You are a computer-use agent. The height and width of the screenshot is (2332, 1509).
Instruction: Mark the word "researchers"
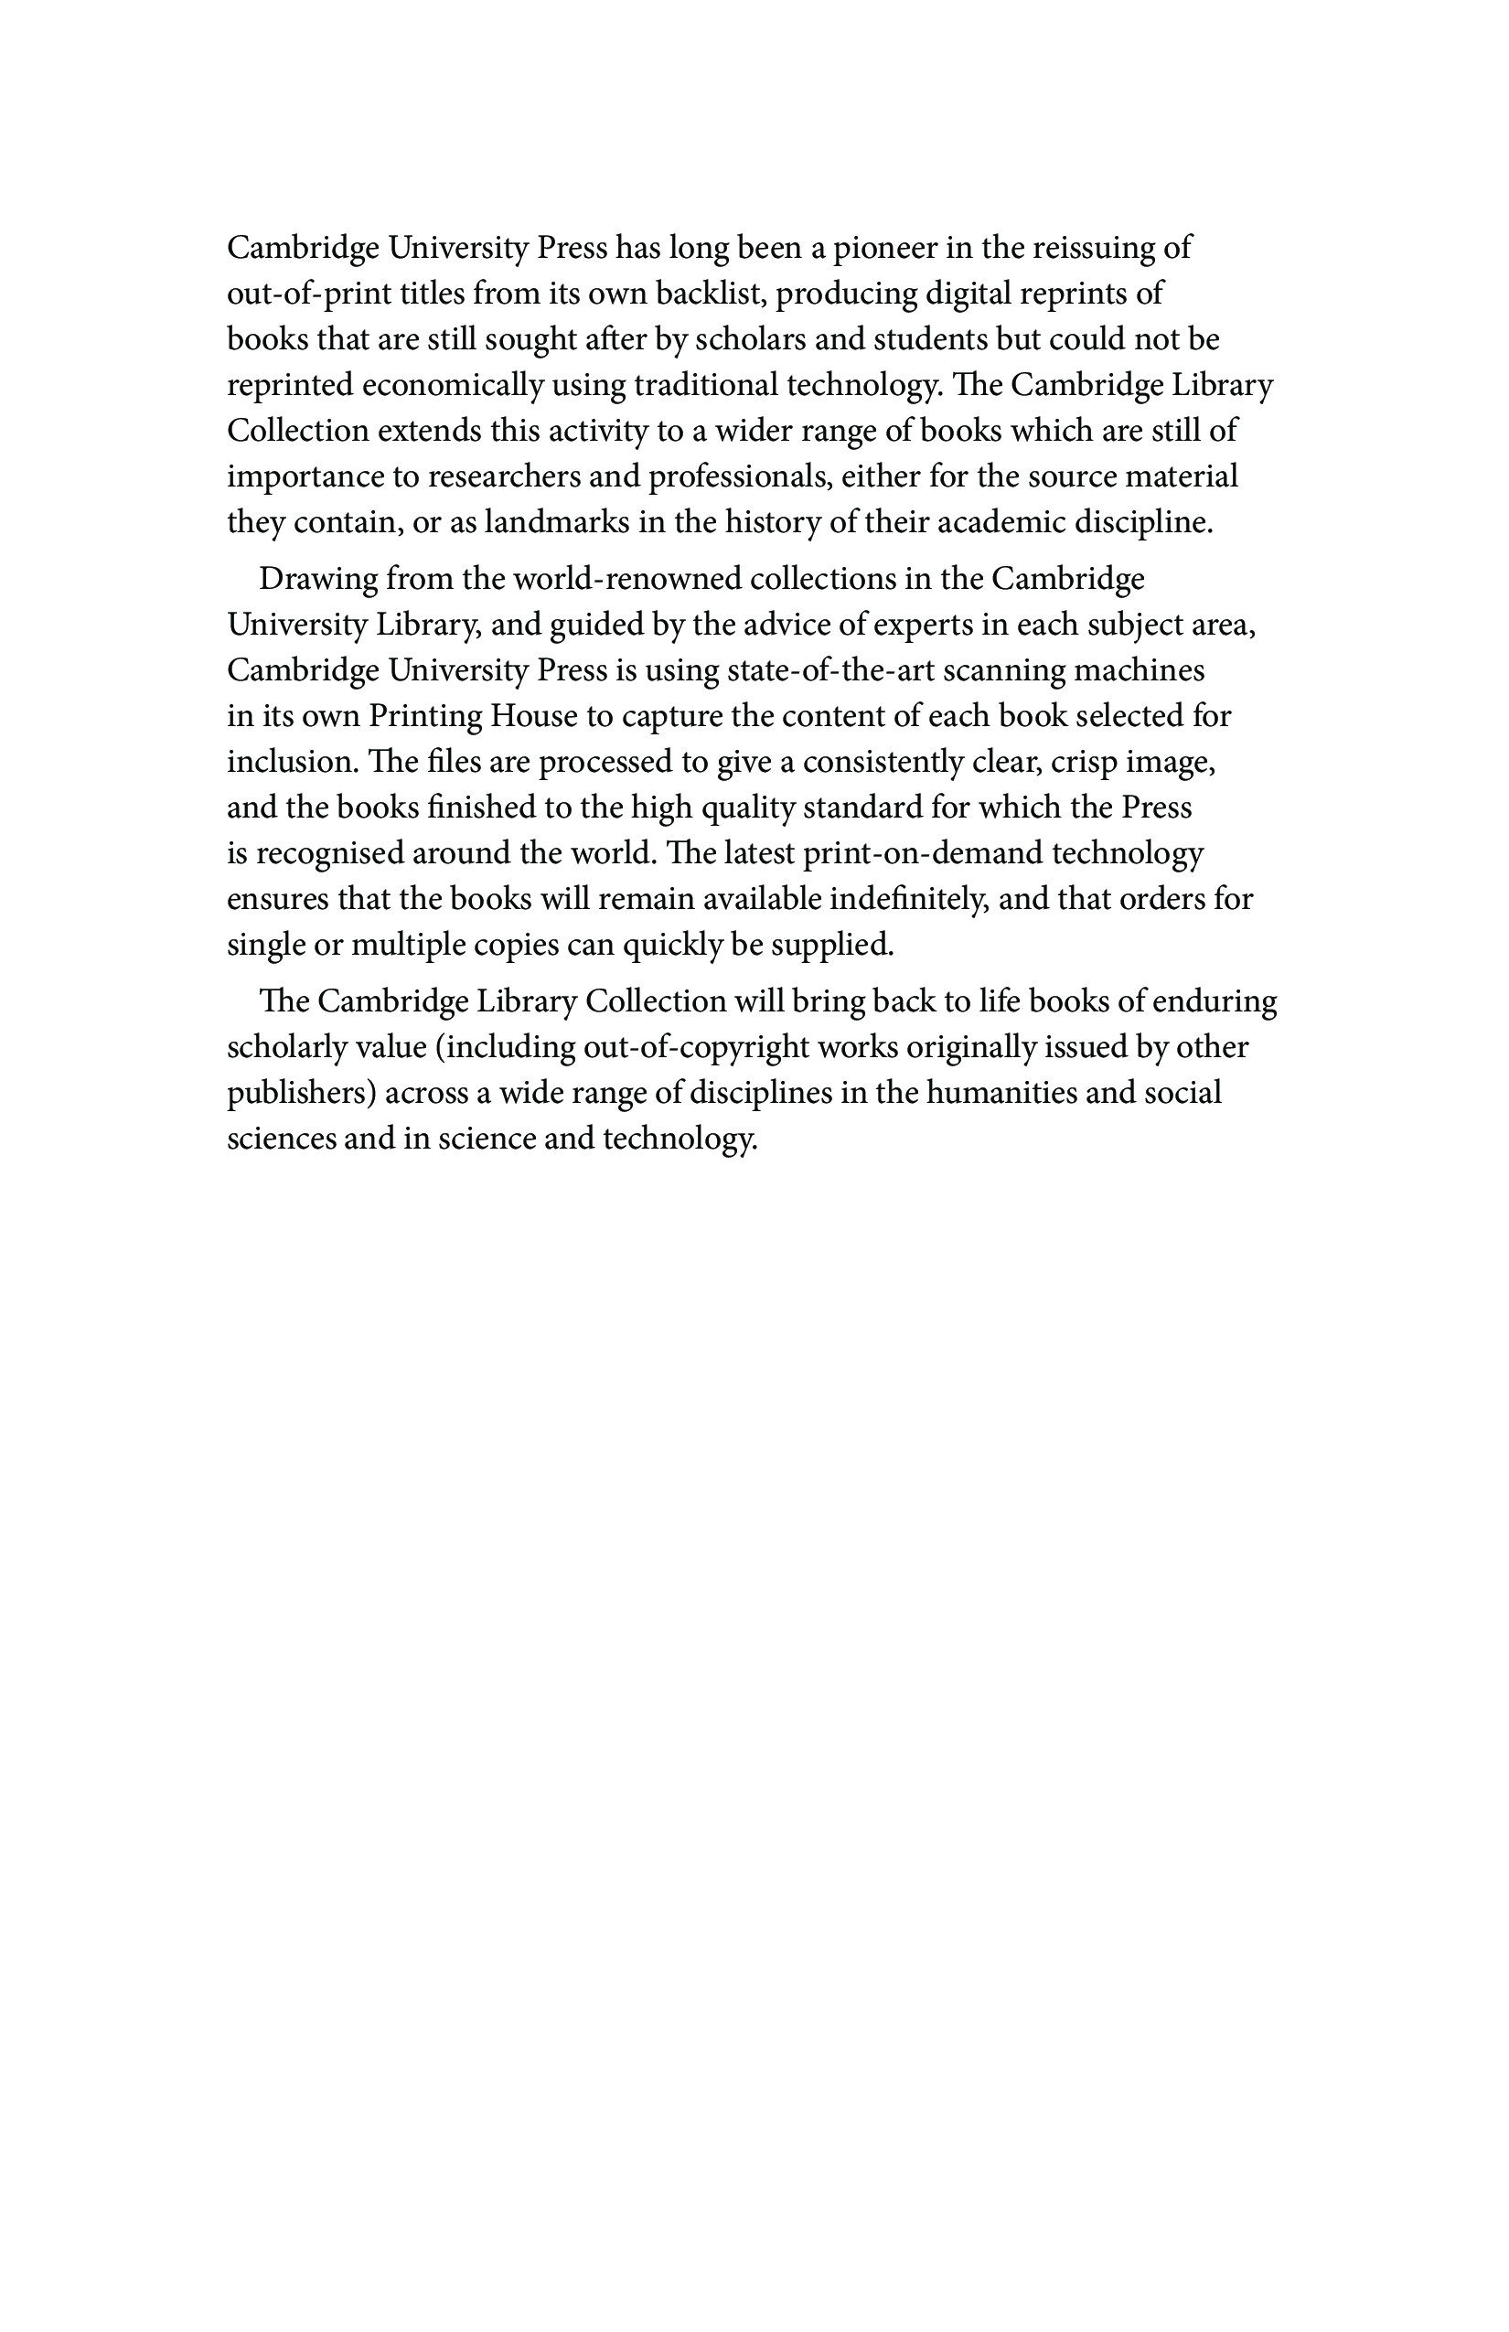503,477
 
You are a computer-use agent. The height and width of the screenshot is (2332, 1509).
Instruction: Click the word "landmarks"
557,522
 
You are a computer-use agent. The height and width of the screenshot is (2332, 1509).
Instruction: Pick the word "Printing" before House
424,717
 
